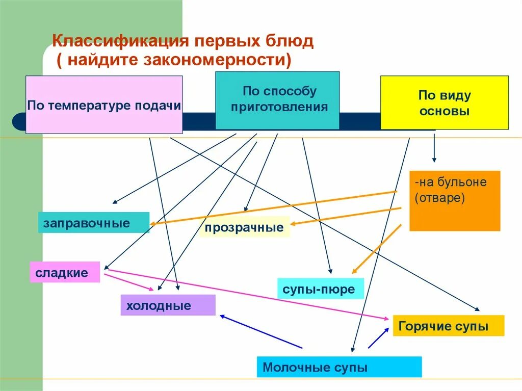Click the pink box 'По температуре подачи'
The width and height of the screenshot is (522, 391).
click(x=104, y=105)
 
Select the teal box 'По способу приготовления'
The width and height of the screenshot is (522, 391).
click(x=277, y=100)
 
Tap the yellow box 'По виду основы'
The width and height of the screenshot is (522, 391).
click(x=444, y=102)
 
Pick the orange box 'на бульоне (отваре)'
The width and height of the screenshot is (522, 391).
click(x=455, y=200)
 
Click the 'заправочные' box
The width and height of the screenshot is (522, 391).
click(x=93, y=223)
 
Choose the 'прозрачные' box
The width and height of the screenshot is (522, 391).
click(x=244, y=227)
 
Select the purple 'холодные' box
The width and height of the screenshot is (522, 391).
click(x=168, y=305)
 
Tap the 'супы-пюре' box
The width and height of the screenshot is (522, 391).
click(x=320, y=290)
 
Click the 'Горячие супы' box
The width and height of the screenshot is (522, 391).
click(x=448, y=326)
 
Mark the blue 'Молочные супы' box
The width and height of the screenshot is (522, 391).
click(x=339, y=367)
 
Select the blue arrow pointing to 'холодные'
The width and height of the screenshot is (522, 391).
click(x=260, y=331)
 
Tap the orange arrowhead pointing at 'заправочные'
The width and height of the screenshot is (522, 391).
click(x=153, y=223)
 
